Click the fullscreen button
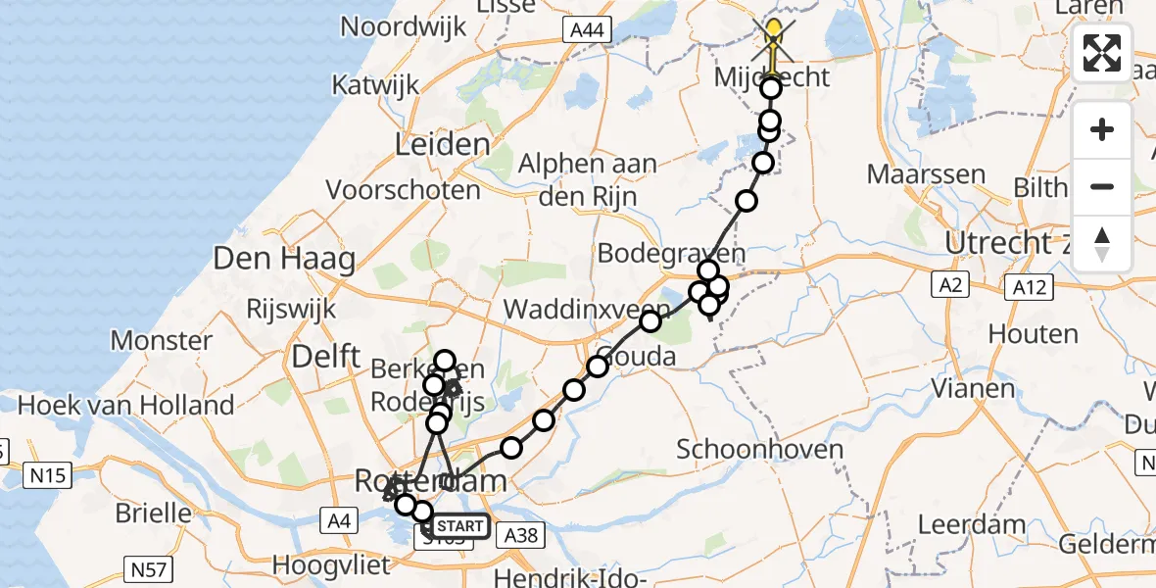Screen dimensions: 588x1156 [1102, 53]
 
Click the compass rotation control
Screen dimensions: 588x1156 [1102, 244]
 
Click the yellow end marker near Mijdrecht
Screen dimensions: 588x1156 [774, 35]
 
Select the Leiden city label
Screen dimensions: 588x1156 [442, 146]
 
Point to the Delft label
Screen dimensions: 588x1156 [327, 356]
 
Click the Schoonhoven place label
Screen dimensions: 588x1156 [760, 450]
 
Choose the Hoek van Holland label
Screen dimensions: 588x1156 [126, 405]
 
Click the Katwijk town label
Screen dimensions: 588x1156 [375, 85]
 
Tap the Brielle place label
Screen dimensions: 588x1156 [153, 512]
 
